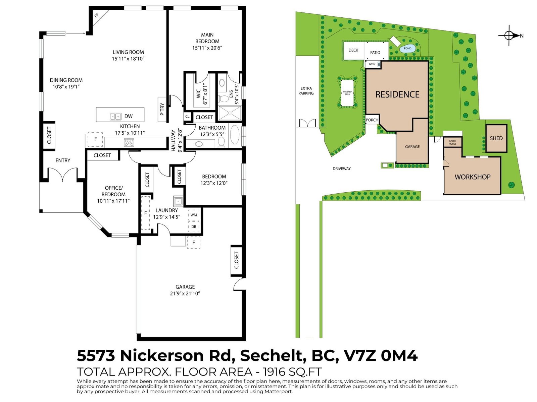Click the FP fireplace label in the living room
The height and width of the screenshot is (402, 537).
(x=97, y=15)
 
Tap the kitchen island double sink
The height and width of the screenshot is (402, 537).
(x=115, y=117)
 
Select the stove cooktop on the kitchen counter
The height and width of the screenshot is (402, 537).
(x=129, y=142)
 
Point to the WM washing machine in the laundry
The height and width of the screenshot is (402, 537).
(x=194, y=215)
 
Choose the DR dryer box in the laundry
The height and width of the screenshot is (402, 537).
(x=194, y=227)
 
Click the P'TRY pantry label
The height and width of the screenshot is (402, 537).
(x=162, y=110)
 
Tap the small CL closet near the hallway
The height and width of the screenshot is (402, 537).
(x=187, y=117)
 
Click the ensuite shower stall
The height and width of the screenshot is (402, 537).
(x=230, y=113)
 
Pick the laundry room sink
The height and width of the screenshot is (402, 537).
(x=178, y=201)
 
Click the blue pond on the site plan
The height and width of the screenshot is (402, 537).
(x=407, y=48)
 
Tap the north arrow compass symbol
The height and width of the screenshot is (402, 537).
(x=510, y=36)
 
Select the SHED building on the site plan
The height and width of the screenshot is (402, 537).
(x=496, y=138)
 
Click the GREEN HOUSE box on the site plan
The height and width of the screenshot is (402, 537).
(x=452, y=142)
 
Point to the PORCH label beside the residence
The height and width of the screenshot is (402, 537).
(x=372, y=120)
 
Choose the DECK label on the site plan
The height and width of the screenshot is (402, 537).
(x=353, y=50)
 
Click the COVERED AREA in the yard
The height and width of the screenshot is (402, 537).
(x=347, y=93)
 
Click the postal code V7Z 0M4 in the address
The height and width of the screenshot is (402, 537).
(x=381, y=356)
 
